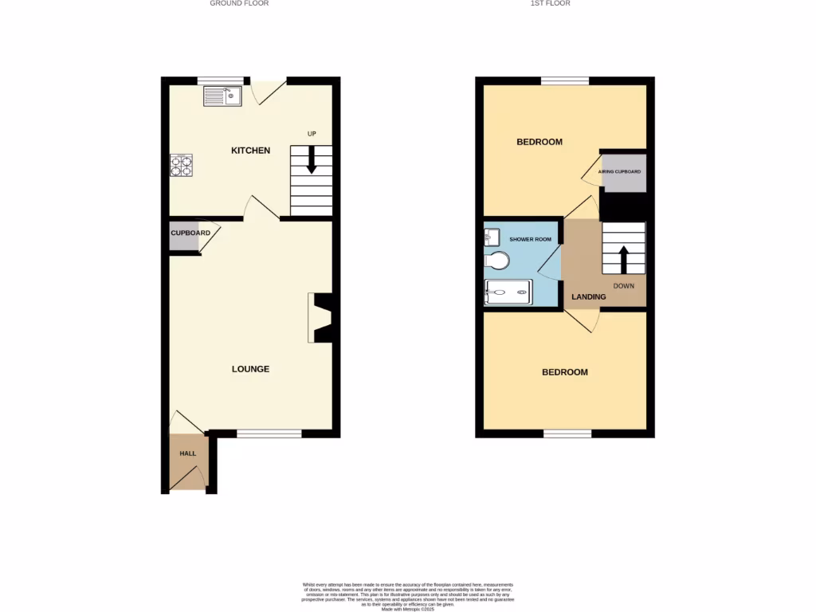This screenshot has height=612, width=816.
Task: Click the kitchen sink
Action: pyautogui.click(x=222, y=96)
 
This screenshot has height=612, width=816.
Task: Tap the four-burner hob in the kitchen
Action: pyautogui.click(x=181, y=165)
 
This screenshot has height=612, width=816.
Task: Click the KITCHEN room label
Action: pyautogui.click(x=250, y=151)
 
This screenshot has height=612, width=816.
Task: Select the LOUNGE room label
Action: pyautogui.click(x=250, y=369)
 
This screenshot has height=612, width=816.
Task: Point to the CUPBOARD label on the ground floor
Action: pyautogui.click(x=190, y=233)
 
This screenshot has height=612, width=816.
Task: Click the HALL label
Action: pyautogui.click(x=187, y=453)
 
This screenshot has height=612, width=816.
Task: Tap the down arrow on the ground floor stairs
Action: pyautogui.click(x=311, y=159)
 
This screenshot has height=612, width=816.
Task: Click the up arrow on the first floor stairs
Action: pyautogui.click(x=623, y=260)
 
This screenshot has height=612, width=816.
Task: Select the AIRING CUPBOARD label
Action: pyautogui.click(x=620, y=171)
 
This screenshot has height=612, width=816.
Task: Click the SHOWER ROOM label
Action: pyautogui.click(x=531, y=240)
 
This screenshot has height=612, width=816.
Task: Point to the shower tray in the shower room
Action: pyautogui.click(x=508, y=292)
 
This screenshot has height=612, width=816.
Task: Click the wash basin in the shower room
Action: pyautogui.click(x=491, y=236)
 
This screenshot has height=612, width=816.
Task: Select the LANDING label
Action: pyautogui.click(x=589, y=297)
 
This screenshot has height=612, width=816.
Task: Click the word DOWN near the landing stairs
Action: pyautogui.click(x=624, y=285)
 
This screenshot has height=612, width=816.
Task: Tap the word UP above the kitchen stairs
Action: pyautogui.click(x=312, y=133)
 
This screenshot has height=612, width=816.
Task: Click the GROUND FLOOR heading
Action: pyautogui.click(x=239, y=3)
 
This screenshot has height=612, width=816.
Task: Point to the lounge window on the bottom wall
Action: pyautogui.click(x=269, y=433)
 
